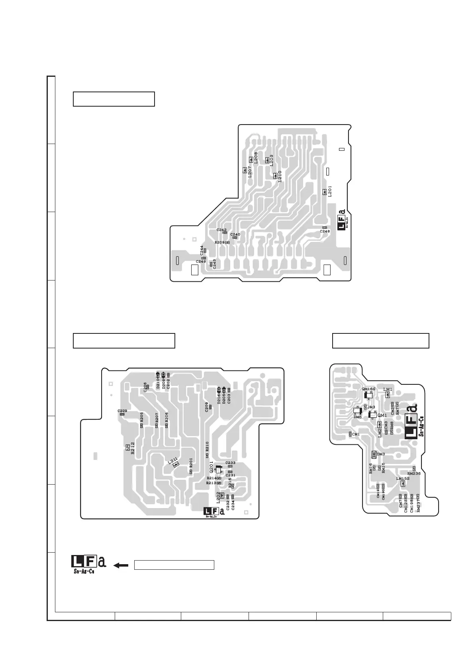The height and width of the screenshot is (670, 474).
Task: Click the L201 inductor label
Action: (x=330, y=191)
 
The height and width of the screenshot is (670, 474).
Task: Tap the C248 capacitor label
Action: (x=325, y=231)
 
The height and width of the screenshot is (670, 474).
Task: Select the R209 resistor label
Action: (x=219, y=242)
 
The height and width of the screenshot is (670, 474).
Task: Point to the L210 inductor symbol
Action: (x=275, y=175)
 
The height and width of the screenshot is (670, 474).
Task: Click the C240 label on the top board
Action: (x=235, y=234)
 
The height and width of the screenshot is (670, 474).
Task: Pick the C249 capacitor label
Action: (x=201, y=261)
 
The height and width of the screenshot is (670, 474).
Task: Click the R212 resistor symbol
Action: (x=127, y=446)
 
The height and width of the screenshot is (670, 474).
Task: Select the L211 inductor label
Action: (x=172, y=461)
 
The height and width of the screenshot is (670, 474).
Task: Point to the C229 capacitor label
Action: (x=122, y=411)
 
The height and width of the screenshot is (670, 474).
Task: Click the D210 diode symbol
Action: (x=158, y=375)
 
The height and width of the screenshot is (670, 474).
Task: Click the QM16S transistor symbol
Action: (x=368, y=395)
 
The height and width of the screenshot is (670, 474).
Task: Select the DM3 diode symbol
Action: (x=374, y=454)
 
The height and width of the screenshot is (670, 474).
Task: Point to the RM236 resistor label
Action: (x=414, y=473)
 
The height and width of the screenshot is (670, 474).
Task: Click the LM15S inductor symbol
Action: (x=403, y=484)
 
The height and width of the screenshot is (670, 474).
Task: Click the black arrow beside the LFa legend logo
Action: (x=121, y=565)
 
